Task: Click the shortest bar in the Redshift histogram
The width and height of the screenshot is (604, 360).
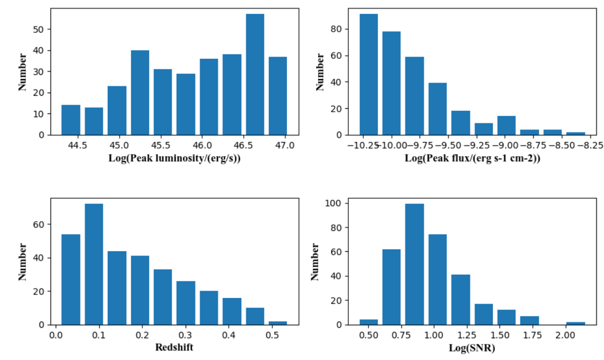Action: click(x=278, y=323)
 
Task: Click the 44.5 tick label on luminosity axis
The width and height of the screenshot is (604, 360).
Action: click(x=78, y=146)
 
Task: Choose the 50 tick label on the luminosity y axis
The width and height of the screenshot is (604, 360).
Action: click(x=41, y=29)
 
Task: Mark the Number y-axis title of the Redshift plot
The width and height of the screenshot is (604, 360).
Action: click(x=23, y=262)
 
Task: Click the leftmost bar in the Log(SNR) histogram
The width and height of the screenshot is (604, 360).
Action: click(x=368, y=322)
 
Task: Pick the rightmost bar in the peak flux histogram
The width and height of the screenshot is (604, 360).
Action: click(x=576, y=133)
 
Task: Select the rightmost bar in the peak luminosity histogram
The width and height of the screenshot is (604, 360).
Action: click(x=278, y=96)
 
